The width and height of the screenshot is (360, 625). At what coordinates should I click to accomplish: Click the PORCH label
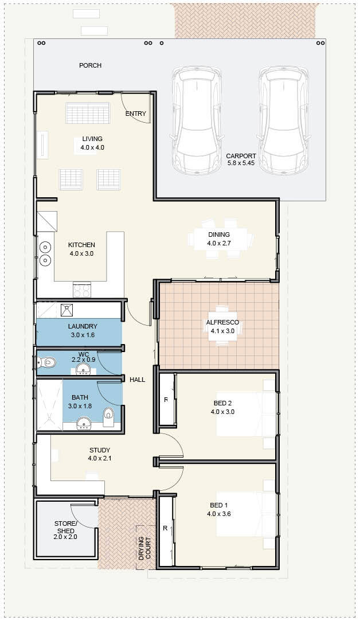pyautogui.click(x=90, y=65)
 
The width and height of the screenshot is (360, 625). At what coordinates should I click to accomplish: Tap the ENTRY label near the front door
pyautogui.click(x=135, y=114)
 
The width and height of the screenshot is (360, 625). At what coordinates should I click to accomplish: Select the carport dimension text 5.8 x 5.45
pyautogui.click(x=241, y=163)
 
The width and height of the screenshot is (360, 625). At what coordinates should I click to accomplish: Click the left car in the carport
pyautogui.click(x=197, y=120)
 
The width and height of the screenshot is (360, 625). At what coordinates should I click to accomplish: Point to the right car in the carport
pyautogui.click(x=283, y=120)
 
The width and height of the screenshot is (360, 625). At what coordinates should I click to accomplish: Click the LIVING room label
pyautogui.click(x=92, y=139)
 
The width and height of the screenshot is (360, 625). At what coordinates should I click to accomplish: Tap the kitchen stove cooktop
pyautogui.click(x=82, y=290)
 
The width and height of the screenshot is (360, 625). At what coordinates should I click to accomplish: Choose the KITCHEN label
pyautogui.click(x=81, y=245)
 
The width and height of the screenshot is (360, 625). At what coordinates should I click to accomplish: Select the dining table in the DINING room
pyautogui.click(x=221, y=239)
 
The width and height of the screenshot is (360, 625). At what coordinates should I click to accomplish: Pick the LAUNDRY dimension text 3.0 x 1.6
pyautogui.click(x=83, y=335)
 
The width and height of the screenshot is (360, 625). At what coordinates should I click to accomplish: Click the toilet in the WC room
pyautogui.click(x=46, y=362)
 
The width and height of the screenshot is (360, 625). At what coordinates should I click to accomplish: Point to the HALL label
pyautogui.click(x=137, y=380)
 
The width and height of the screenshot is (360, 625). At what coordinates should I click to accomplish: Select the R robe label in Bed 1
pyautogui.click(x=165, y=528)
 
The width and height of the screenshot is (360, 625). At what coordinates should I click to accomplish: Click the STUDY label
pyautogui.click(x=100, y=451)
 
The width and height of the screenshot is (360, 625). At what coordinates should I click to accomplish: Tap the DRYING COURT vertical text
pyautogui.click(x=144, y=549)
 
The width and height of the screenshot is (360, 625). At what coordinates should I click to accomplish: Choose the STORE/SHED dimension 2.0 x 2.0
pyautogui.click(x=65, y=537)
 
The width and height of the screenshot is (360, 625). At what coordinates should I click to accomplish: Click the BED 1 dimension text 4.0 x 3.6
pyautogui.click(x=219, y=514)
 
